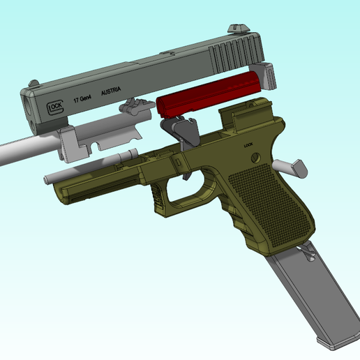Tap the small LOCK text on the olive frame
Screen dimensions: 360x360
pos(249,145)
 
